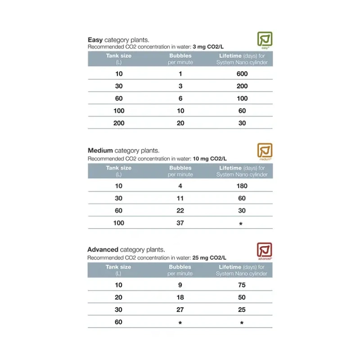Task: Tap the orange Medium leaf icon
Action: click(265, 151)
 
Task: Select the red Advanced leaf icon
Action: click(265, 250)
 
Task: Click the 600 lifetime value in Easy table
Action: click(242, 74)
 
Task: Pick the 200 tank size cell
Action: click(118, 123)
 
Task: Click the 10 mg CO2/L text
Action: click(210, 159)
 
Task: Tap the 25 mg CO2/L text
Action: click(209, 258)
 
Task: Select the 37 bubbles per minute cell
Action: click(180, 223)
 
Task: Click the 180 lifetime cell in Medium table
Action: click(242, 186)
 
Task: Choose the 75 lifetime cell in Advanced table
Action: click(242, 285)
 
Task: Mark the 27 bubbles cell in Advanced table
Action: click(180, 310)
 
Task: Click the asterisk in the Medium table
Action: click(241, 224)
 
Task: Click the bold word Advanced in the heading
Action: click(103, 249)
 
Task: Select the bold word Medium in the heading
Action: click(100, 150)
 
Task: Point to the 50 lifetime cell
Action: click(242, 297)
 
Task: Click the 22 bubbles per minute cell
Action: click(180, 211)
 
